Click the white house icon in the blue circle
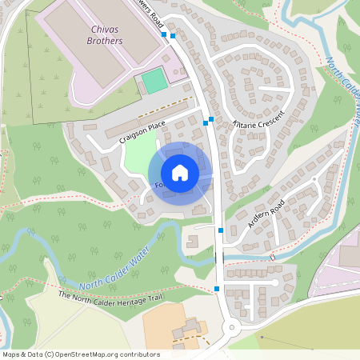coord(180,173)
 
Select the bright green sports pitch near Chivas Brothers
coord(155,80)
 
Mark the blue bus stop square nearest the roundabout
coord(217,288)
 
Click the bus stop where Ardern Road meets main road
coord(221,230)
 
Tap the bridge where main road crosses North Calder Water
coord(221,258)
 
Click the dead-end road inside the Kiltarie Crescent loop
coord(267,88)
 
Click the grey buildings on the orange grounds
coord(190,330)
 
